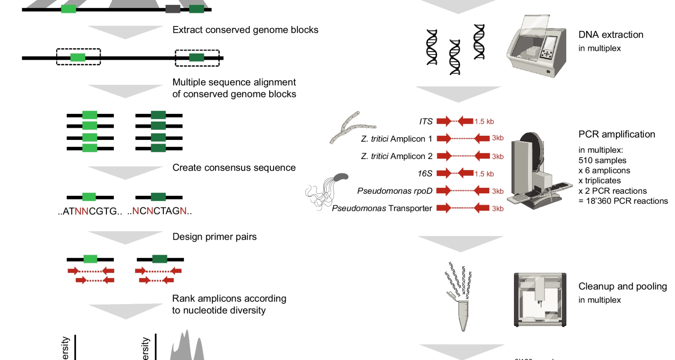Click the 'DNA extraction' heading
(x=611, y=35)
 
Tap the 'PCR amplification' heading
(x=617, y=134)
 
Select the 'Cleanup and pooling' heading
(x=622, y=287)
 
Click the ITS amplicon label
(x=426, y=122)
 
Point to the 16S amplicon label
(x=425, y=174)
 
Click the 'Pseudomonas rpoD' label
(x=394, y=191)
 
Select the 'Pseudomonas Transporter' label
(x=382, y=208)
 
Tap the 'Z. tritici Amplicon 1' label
(x=397, y=139)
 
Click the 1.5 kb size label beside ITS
(x=484, y=122)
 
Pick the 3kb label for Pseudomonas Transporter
(x=498, y=208)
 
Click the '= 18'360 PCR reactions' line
(x=623, y=201)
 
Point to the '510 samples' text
(x=602, y=161)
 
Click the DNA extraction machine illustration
(x=536, y=47)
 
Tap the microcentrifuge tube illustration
(x=464, y=315)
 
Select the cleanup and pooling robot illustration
(x=540, y=300)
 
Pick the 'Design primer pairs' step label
(x=214, y=237)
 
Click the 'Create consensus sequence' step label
(x=234, y=168)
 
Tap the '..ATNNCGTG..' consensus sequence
(x=90, y=211)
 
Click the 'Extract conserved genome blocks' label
(x=245, y=30)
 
